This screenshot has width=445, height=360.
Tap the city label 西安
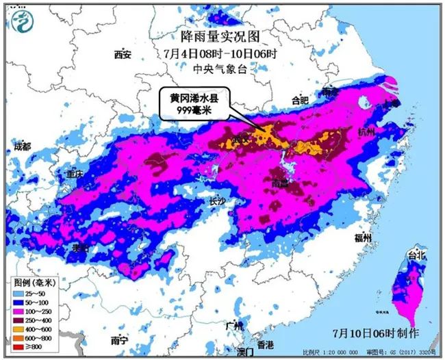[x=123, y=55]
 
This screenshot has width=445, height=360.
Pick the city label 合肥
[x=301, y=101]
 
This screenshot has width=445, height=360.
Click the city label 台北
[x=416, y=255]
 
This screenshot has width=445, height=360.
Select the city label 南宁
[x=120, y=339]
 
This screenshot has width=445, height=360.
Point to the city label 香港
[x=266, y=344]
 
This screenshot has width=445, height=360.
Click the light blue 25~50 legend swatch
[x=21, y=294]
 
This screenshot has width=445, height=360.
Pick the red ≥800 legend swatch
[x=21, y=346]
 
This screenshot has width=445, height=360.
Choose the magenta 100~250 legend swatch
[x=21, y=311]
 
